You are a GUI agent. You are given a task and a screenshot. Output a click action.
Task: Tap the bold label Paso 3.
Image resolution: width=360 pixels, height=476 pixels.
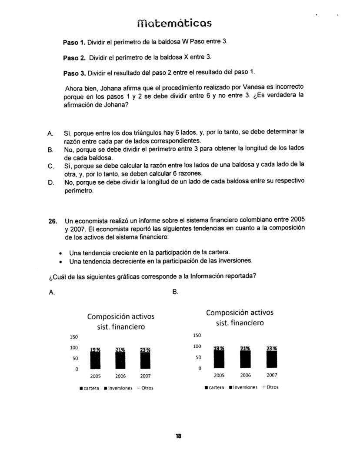[x=74, y=73]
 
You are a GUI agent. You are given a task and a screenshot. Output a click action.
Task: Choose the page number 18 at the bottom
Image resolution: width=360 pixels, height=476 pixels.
[x=178, y=436]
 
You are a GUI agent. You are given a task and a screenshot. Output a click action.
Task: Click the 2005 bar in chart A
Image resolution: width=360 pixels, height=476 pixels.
[x=95, y=360]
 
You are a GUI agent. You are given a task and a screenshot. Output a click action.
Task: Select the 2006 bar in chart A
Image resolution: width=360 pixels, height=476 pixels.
[x=120, y=360]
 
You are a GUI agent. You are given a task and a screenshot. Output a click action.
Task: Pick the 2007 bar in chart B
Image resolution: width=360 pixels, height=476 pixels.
[x=271, y=359]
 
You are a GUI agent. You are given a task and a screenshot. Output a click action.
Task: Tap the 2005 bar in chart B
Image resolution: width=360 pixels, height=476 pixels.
[x=219, y=359]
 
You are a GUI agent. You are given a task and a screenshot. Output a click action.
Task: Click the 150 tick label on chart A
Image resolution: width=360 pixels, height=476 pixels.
[x=73, y=337]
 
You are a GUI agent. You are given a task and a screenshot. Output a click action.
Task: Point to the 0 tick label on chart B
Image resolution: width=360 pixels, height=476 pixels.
[x=200, y=368]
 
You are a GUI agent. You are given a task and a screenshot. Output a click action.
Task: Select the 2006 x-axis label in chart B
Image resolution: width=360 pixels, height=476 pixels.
[x=246, y=375]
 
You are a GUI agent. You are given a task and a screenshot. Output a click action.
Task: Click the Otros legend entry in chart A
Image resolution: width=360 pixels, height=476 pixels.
[x=147, y=388]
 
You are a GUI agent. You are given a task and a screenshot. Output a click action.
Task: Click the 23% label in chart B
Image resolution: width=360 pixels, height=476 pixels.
[x=271, y=348]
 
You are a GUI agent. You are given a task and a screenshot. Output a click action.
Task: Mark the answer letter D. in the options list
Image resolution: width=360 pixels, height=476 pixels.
[x=50, y=181]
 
